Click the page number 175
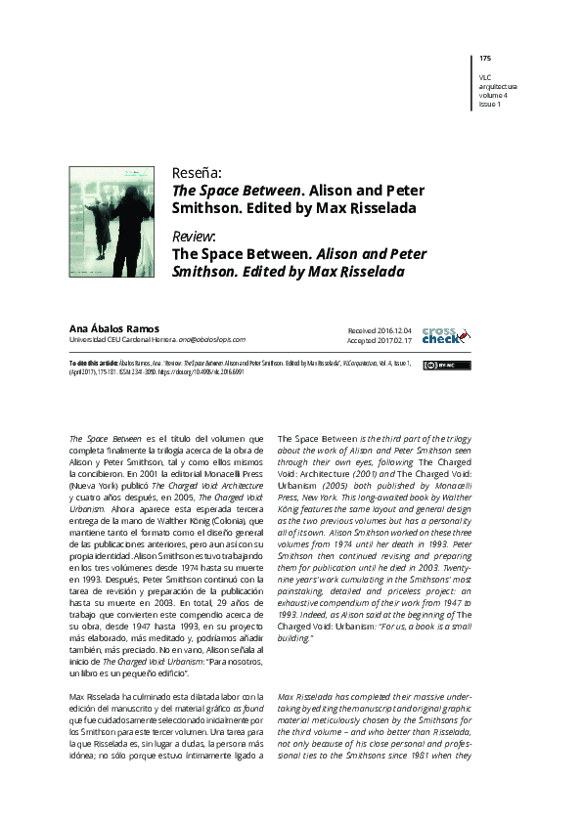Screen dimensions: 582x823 pyautogui.click(x=485, y=59)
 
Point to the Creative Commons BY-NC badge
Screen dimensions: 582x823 pyautogui.click(x=432, y=365)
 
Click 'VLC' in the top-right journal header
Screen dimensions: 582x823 pyautogui.click(x=485, y=77)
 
